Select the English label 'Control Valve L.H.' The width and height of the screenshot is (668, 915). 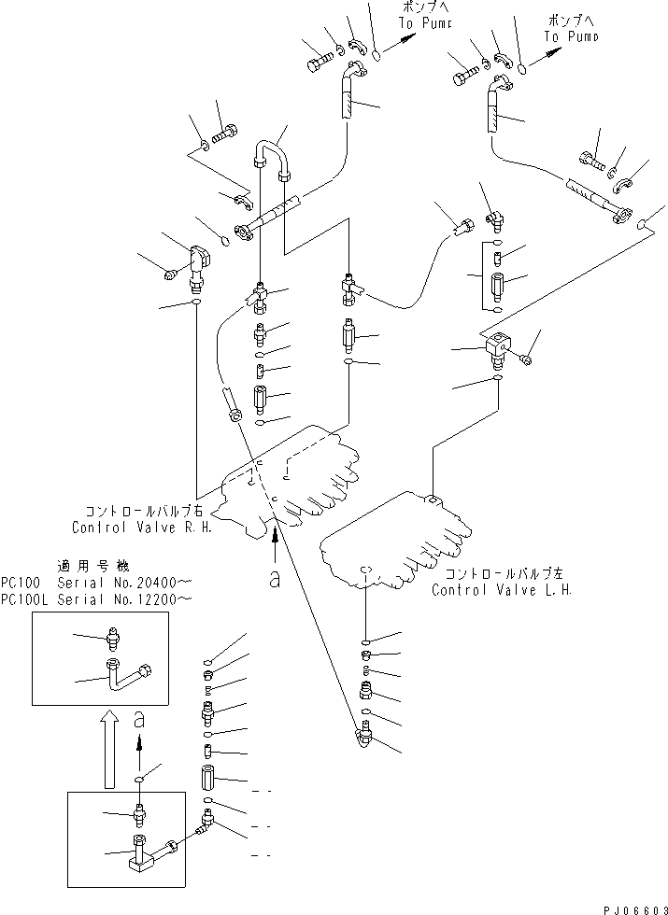(501, 590)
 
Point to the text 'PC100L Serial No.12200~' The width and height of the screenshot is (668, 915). (98, 598)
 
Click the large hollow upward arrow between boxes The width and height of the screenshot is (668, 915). (109, 747)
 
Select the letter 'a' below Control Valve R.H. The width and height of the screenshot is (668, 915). (274, 579)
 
